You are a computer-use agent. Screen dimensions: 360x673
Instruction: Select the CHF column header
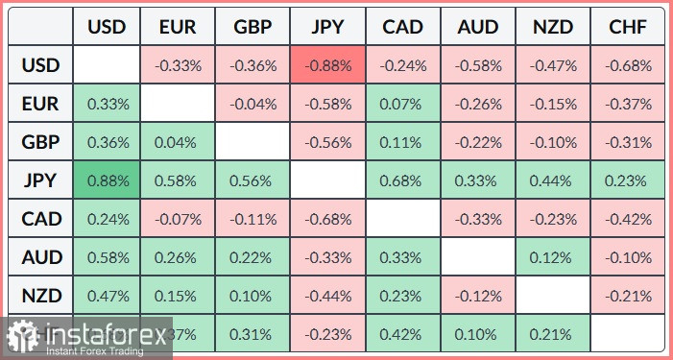click(628, 26)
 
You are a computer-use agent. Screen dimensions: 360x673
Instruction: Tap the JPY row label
click(41, 180)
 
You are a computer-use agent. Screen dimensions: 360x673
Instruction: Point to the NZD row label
click(41, 295)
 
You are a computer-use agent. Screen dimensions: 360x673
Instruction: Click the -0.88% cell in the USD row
click(329, 66)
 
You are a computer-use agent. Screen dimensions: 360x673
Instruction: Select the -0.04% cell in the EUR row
click(254, 105)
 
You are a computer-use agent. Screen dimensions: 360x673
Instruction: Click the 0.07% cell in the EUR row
click(403, 105)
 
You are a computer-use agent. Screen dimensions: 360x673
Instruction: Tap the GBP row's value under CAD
click(403, 142)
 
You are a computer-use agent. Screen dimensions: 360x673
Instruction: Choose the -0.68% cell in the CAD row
click(329, 219)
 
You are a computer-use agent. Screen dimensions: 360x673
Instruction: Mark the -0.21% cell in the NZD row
click(628, 295)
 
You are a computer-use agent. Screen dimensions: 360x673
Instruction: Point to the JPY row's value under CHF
click(628, 180)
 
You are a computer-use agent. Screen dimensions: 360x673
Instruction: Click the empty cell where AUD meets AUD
click(478, 256)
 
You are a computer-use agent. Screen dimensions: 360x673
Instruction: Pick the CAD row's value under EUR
click(180, 219)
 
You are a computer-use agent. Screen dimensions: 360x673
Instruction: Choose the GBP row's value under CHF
click(628, 142)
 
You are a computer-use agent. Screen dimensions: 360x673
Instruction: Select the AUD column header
click(478, 26)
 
